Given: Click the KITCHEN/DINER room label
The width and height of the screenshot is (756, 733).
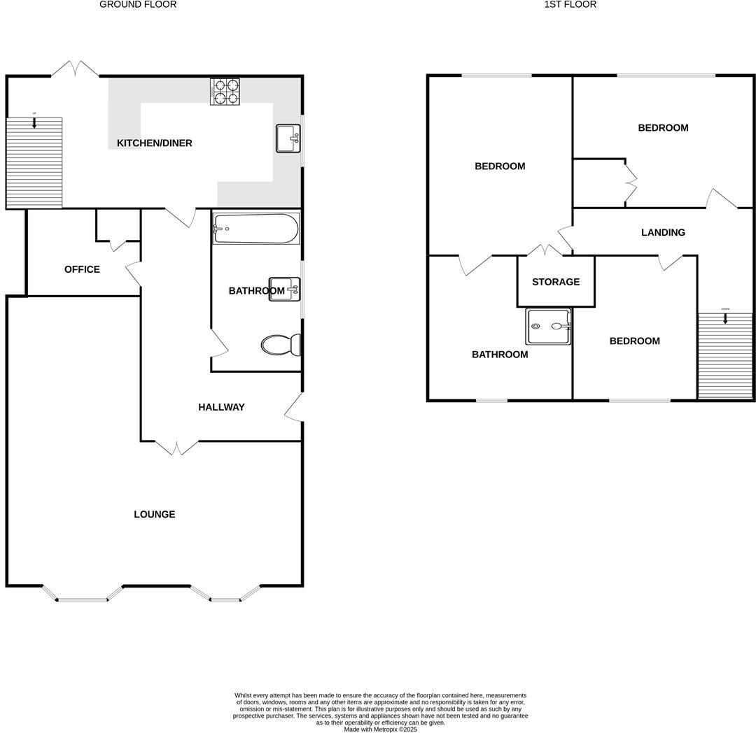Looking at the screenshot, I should click(x=154, y=143).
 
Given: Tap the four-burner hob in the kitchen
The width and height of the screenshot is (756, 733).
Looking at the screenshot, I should click(x=225, y=91).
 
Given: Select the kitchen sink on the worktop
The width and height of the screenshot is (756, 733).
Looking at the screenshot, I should click(x=288, y=138).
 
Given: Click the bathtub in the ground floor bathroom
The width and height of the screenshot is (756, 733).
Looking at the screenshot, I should click(x=255, y=229).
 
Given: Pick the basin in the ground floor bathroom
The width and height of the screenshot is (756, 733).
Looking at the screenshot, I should click(x=284, y=289).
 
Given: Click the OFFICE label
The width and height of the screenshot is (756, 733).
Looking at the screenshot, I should click(x=82, y=269).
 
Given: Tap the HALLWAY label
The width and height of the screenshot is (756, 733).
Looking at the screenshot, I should click(x=221, y=407).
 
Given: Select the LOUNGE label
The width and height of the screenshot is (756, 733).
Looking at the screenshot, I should click(x=155, y=514).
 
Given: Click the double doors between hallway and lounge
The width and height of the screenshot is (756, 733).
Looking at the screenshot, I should click(x=176, y=447).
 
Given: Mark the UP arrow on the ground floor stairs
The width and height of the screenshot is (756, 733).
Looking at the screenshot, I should click(x=34, y=122).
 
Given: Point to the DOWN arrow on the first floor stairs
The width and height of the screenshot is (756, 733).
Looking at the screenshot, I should click(x=725, y=317).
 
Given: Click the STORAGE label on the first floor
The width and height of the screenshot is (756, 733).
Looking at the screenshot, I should click(x=556, y=282).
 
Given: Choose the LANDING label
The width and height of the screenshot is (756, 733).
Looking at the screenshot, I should click(x=663, y=232).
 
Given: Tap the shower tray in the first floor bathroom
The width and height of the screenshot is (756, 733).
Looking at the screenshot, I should click(x=549, y=326).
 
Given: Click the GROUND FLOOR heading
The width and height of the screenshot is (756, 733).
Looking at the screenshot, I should click(x=138, y=4).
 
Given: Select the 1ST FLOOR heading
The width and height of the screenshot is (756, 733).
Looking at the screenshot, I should click(x=570, y=4).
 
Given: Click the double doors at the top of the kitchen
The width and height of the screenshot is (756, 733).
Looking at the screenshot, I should click(x=75, y=69).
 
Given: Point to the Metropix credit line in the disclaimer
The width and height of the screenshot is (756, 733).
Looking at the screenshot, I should click(x=380, y=729).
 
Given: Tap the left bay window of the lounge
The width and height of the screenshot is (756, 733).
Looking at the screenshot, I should click(x=82, y=597).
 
